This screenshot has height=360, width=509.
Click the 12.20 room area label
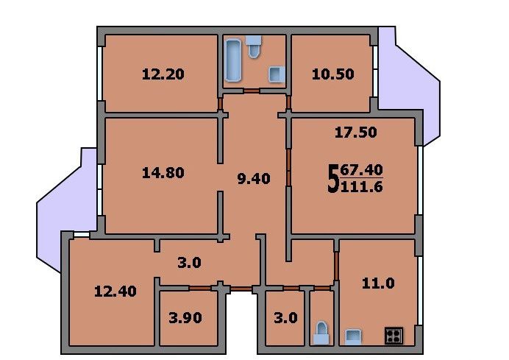click(x=163, y=74)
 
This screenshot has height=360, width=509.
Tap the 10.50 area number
click(x=332, y=74)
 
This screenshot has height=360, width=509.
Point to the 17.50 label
click(x=356, y=133)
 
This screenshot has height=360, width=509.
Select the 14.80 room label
click(x=163, y=172)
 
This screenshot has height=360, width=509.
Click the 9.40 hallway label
click(x=254, y=179)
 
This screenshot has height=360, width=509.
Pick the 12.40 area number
click(x=115, y=291)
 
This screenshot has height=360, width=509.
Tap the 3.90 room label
click(x=185, y=317)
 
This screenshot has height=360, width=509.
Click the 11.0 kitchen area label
click(x=378, y=283)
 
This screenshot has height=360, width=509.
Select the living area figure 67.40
click(x=361, y=170)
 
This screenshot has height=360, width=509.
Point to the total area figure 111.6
click(x=361, y=187)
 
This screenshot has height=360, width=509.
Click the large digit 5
click(x=332, y=179)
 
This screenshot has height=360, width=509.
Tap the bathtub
click(x=233, y=60)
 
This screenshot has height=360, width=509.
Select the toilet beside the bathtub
click(x=254, y=46)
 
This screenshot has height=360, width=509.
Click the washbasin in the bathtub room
click(x=277, y=74)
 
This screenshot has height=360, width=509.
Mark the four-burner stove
click(x=394, y=335)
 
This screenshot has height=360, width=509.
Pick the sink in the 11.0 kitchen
click(x=353, y=336)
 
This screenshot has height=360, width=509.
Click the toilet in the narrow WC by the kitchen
click(x=321, y=333)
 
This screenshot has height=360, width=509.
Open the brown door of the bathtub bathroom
click(x=252, y=91)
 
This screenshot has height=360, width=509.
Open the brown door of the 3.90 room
click(x=200, y=288)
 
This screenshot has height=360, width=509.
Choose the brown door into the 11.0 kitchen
click(x=337, y=266)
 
